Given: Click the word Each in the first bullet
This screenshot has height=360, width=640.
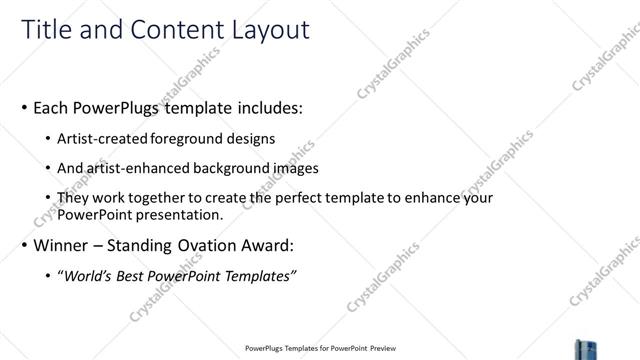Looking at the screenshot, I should tap(51, 106).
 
